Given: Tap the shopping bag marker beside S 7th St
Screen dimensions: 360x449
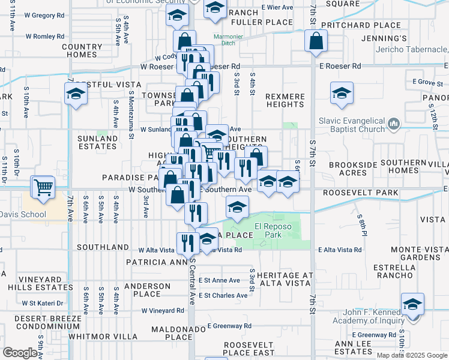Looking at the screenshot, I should (316, 41).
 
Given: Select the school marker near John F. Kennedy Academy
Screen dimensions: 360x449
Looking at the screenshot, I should (412, 304).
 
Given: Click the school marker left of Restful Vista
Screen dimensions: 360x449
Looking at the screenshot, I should (76, 94).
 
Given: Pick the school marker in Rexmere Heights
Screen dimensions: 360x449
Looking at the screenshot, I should (342, 94).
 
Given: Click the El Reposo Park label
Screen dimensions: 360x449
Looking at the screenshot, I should (268, 231).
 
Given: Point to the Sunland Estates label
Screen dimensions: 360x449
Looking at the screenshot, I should (98, 142).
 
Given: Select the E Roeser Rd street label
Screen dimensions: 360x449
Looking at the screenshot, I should (340, 66).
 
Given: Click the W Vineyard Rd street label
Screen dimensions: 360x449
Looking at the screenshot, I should (163, 311).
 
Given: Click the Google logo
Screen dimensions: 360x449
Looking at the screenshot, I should (20, 353).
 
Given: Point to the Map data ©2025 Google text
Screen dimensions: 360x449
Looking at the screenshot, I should (411, 355).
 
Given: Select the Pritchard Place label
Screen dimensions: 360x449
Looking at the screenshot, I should (361, 25).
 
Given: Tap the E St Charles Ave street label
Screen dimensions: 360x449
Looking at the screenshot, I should (223, 295).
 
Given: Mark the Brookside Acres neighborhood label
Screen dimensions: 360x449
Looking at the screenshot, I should (348, 168).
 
